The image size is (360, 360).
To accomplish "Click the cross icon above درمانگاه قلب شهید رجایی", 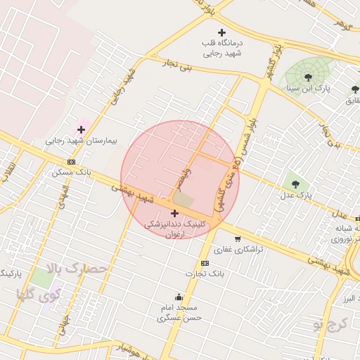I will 222,32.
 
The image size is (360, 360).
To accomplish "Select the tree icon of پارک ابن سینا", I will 307,77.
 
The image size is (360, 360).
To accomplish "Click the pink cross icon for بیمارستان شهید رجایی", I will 81,129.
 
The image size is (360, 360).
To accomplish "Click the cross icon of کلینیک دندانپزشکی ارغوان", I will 174,212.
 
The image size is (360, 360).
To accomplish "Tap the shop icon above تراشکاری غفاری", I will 237,238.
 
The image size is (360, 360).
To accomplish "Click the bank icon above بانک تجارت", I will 205,263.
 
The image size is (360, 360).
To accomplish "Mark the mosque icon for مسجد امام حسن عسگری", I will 179,297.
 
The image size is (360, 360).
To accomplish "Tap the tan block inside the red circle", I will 184,200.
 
